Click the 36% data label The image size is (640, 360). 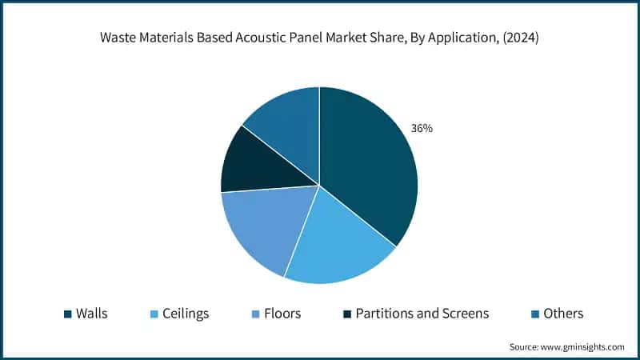pos(422,128)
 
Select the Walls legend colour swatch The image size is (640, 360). pos(67,314)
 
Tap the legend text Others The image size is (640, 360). pos(563,314)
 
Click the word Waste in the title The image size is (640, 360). pos(118,38)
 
